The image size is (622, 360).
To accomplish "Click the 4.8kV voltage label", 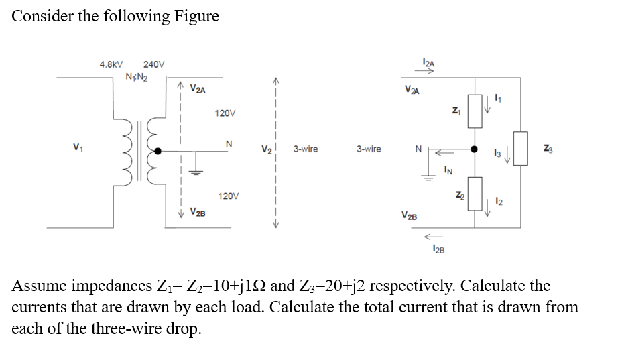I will tap(111, 65).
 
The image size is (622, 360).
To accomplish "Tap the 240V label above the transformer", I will tap(154, 65).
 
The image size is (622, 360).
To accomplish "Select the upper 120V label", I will tap(225, 113).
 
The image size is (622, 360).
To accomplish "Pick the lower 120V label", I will tap(228, 196).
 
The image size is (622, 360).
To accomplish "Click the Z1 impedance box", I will tap(475, 111).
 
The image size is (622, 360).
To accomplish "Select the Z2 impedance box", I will tap(475, 194).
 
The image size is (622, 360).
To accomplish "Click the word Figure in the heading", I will tap(196, 16).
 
